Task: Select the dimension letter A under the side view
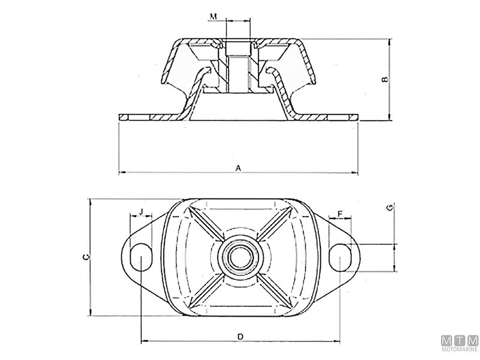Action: coord(238,169)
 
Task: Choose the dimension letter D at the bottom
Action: coord(240,337)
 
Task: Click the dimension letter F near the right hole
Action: coord(340,214)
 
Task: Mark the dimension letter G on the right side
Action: coord(390,209)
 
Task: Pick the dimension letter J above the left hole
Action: coord(140,211)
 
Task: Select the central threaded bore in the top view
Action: coord(239,256)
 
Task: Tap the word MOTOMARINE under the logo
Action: coord(460,349)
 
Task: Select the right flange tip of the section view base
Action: coord(358,116)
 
